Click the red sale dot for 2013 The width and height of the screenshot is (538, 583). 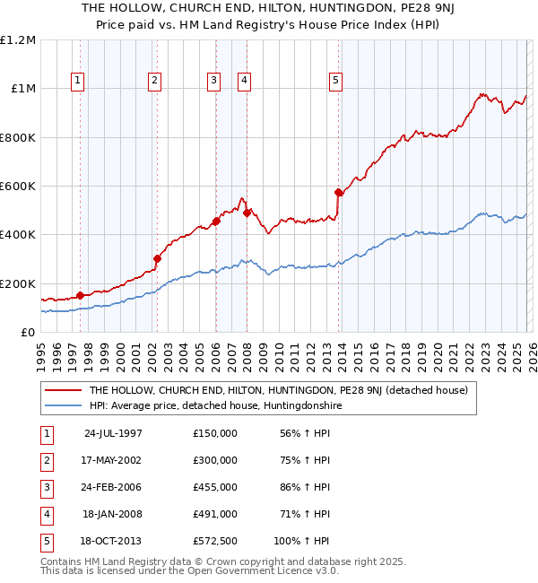pos(338,192)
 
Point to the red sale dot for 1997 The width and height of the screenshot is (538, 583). pos(81,295)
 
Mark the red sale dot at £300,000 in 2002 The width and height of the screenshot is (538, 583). pos(157,258)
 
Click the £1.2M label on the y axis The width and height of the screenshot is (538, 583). pos(18,40)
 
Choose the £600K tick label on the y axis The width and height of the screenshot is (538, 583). pos(18,187)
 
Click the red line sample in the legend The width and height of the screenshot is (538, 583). pos(64,390)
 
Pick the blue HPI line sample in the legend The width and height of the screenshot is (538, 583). pos(64,405)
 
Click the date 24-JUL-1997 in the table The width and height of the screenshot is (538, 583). pos(113,433)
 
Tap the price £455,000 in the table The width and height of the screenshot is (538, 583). pos(215,487)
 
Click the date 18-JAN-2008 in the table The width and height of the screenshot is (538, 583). pos(113,514)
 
